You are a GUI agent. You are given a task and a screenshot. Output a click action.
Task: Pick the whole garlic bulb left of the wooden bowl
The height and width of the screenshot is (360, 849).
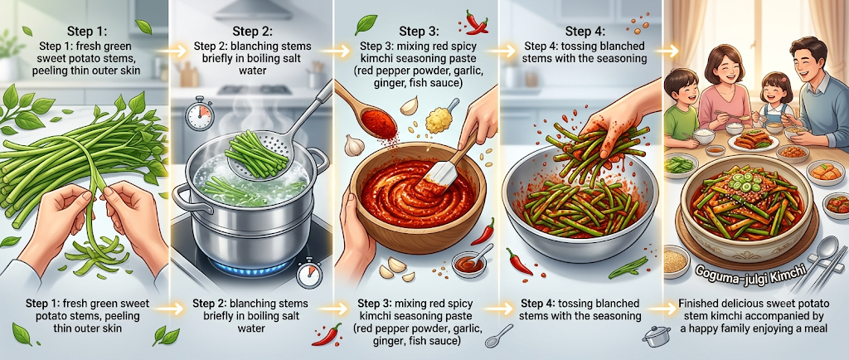pos(355,144)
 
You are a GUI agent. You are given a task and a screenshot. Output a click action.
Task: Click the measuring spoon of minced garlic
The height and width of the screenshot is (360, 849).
pos(441,117)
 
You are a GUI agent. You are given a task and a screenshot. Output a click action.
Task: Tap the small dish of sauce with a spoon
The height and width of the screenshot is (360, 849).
pos(469,263)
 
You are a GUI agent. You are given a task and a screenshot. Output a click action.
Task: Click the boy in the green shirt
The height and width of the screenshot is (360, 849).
pos(683,106)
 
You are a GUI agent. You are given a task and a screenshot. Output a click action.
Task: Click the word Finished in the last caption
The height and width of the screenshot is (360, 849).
pos(698,304)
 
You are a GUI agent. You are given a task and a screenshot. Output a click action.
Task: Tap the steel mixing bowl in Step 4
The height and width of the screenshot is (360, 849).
pos(580,212)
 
